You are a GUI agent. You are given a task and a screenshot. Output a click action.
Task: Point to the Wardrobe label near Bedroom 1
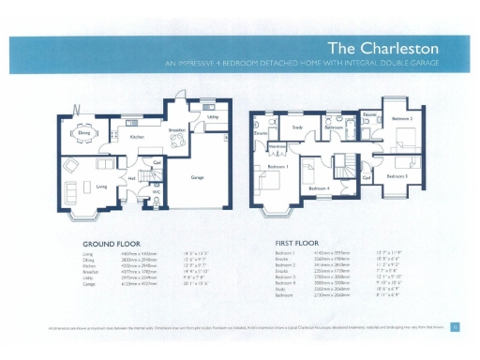(x=277, y=146)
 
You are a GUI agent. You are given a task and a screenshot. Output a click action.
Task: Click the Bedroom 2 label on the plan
(x=401, y=119)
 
